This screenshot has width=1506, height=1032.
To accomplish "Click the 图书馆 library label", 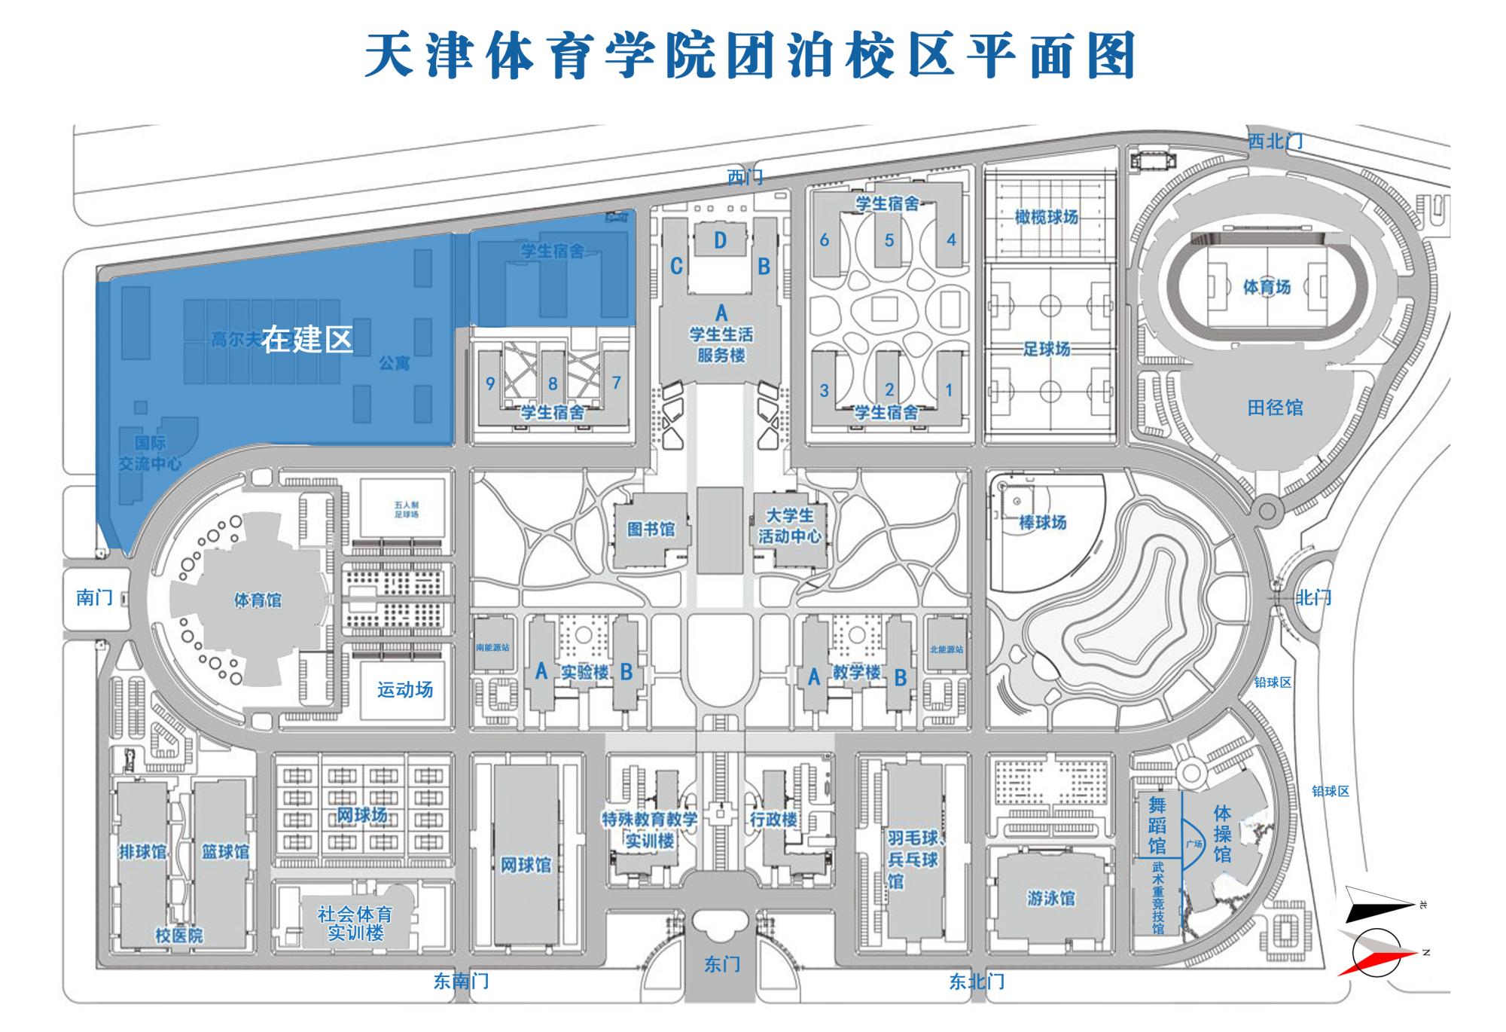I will (651, 530).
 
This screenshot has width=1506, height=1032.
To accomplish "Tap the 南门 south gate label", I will (94, 597).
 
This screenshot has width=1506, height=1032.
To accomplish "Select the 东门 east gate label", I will (722, 964).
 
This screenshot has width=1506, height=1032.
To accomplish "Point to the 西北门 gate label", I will (1275, 141).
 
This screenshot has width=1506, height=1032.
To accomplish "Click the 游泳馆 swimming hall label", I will (1051, 898).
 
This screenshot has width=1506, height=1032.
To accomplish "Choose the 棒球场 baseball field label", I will (1043, 522).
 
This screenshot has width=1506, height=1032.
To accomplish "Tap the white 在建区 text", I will (307, 340).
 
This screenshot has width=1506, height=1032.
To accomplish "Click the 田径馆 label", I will (1275, 408).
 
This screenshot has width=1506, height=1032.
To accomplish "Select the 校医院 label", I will (179, 936).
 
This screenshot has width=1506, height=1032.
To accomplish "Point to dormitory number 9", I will (490, 383).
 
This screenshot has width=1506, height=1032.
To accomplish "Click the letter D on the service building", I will (721, 240).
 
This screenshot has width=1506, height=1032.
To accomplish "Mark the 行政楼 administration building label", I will (773, 819).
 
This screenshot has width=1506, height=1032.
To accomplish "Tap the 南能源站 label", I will (493, 647).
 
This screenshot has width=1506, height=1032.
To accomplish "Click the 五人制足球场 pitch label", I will (406, 509).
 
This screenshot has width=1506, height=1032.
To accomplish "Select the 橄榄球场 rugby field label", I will (1046, 217).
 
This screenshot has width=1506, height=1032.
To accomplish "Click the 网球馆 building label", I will (526, 865).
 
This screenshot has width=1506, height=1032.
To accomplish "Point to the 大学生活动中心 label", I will (789, 526).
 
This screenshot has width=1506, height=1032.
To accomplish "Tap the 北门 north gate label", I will (1313, 598).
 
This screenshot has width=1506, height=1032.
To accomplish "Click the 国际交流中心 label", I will (150, 453).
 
